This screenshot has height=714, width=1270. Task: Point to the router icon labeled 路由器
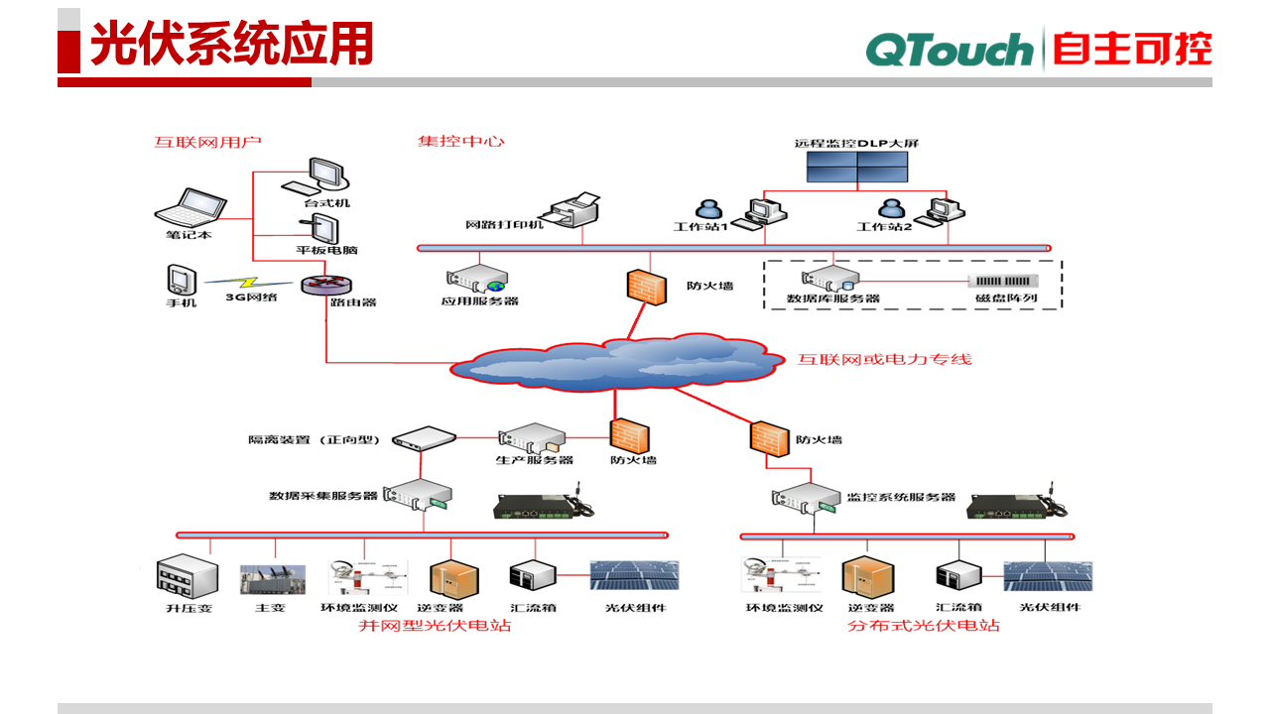(326, 284)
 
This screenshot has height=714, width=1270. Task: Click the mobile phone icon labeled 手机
(181, 279)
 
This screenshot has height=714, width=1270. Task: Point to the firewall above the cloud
(646, 286)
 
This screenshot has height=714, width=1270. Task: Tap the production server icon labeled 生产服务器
(532, 437)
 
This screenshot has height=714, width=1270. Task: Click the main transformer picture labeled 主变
(270, 580)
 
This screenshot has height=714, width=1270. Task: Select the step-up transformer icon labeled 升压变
(189, 576)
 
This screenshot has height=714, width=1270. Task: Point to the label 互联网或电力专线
(885, 359)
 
